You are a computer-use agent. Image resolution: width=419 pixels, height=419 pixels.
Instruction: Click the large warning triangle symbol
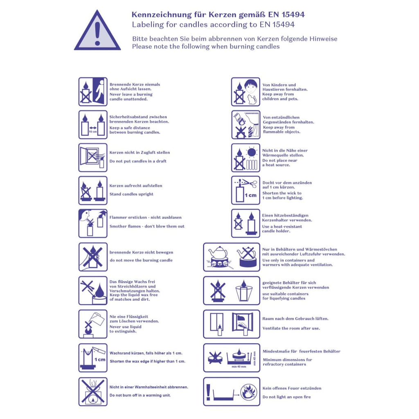[97, 32]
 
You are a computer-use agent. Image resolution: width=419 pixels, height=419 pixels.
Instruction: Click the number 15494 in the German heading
[293, 14]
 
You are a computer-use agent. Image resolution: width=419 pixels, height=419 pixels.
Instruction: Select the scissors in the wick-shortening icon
[250, 183]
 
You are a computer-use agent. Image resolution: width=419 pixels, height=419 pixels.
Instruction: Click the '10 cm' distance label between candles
[93, 132]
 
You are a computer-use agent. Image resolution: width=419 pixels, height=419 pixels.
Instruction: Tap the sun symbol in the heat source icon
[252, 152]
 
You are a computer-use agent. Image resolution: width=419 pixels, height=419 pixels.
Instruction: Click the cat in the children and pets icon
[252, 100]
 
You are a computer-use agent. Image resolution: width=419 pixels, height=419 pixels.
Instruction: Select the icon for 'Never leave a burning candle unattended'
[93, 92]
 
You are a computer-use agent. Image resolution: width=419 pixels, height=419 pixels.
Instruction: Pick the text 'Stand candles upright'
[131, 194]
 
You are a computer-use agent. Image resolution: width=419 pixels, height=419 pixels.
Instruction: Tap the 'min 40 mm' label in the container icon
[239, 367]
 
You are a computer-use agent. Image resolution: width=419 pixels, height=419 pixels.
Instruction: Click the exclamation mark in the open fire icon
[208, 392]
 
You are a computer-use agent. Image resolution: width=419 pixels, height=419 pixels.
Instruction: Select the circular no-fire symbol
[249, 392]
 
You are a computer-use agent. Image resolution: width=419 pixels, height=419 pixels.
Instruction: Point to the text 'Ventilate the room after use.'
[291, 328]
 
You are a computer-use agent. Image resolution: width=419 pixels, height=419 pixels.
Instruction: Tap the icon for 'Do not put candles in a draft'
[93, 158]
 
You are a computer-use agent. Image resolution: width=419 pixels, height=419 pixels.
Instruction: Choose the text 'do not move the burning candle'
[141, 260]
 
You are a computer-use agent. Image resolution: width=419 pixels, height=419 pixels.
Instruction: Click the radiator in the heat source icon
[252, 165]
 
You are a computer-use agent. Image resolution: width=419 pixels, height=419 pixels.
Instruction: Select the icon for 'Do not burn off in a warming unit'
[93, 392]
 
